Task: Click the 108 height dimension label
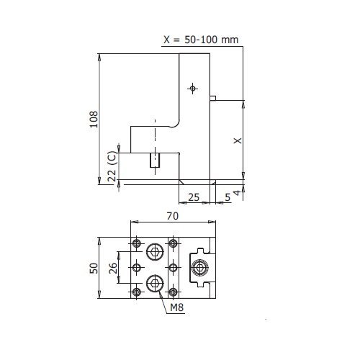[x=94, y=120]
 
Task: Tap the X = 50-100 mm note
[x=201, y=40]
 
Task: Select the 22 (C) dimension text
[x=112, y=166]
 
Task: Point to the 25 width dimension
[x=194, y=197]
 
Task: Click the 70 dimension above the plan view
[x=173, y=216]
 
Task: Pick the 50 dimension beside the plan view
[x=94, y=268]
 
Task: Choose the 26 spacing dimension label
[x=113, y=268]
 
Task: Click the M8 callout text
[x=177, y=307]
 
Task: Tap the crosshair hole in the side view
[x=192, y=89]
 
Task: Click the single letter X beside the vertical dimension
[x=238, y=140]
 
